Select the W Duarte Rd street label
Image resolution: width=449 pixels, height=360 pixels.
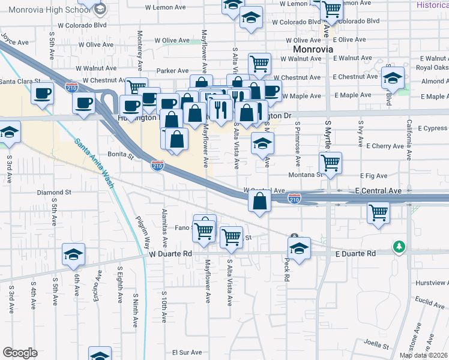tap(170, 254)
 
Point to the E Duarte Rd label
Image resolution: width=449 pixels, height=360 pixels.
tap(354, 254)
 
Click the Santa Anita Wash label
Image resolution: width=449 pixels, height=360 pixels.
tap(94, 163)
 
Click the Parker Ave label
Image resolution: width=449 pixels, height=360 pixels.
tap(173, 71)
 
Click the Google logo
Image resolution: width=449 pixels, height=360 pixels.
tap(20, 353)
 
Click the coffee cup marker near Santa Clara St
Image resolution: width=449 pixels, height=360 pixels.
tap(43, 94)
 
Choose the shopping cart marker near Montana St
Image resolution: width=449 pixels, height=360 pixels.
tap(331, 161)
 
